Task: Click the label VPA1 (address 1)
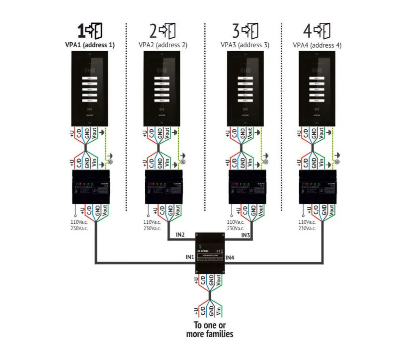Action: (89, 45)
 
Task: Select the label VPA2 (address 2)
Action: (162, 45)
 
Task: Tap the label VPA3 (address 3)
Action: (245, 45)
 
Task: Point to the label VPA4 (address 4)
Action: (317, 45)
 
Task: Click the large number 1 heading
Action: (81, 30)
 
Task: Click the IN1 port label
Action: (189, 257)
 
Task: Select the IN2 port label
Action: (180, 235)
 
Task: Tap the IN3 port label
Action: (245, 235)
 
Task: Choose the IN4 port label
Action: (230, 257)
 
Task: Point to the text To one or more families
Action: (209, 330)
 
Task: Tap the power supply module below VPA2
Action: (162, 187)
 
